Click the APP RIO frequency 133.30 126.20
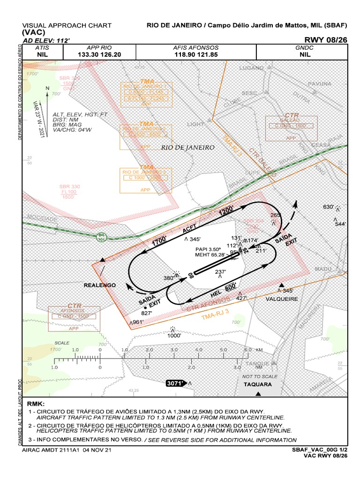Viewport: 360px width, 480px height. click(99, 54)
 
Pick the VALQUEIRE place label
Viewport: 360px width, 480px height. click(282, 299)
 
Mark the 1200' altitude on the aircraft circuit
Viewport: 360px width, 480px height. click(226, 211)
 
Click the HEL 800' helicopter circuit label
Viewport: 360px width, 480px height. click(224, 290)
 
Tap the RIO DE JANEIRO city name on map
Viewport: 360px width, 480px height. click(187, 147)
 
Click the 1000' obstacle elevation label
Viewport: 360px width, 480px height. click(174, 335)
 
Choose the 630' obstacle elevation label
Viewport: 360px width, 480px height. click(328, 207)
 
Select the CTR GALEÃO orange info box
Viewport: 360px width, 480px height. click(291, 127)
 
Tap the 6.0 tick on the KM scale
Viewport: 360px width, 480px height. click(248, 350)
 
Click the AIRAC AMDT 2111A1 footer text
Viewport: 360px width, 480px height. click(67, 450)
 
